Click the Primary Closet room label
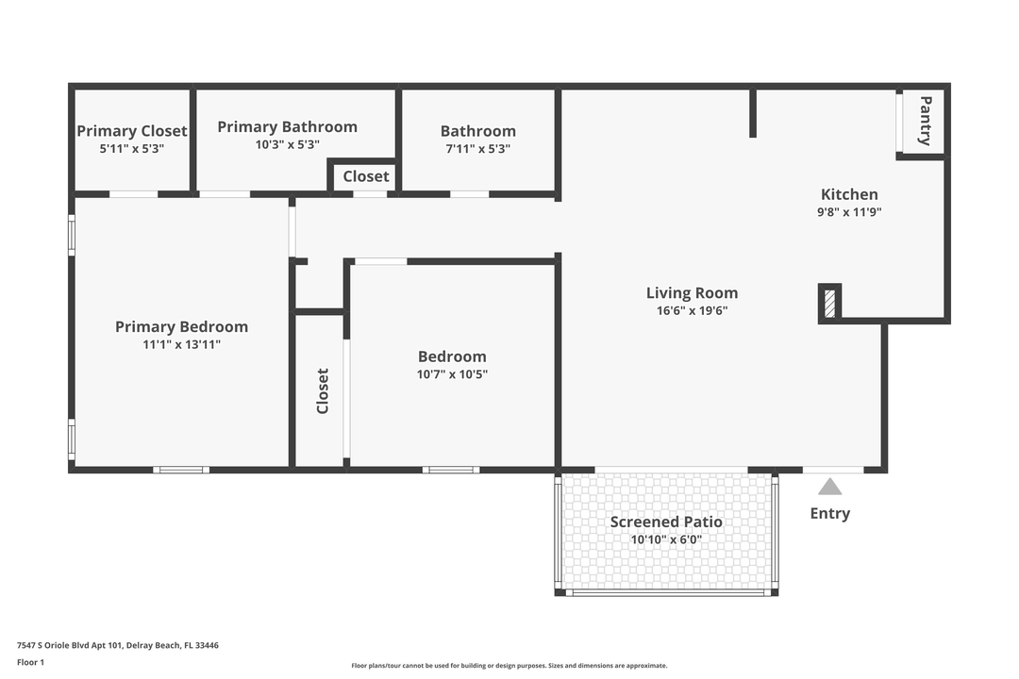pyautogui.click(x=132, y=131)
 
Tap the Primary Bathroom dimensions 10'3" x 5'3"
pyautogui.click(x=287, y=145)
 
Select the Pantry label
pyautogui.click(x=926, y=121)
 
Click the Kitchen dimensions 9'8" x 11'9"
pyautogui.click(x=849, y=212)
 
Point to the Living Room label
pyautogui.click(x=692, y=293)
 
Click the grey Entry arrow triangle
pyautogui.click(x=829, y=487)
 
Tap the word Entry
pyautogui.click(x=829, y=513)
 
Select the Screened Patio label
pyautogui.click(x=666, y=522)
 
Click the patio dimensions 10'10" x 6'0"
pyautogui.click(x=666, y=540)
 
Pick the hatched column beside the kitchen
pyautogui.click(x=829, y=303)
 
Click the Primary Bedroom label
pyautogui.click(x=181, y=326)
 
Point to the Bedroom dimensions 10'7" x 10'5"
pyautogui.click(x=452, y=374)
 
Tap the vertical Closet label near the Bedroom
pyautogui.click(x=323, y=391)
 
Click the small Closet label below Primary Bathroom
pyautogui.click(x=365, y=176)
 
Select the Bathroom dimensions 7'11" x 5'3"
pyautogui.click(x=477, y=149)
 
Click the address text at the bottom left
pyautogui.click(x=118, y=645)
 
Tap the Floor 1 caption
pyautogui.click(x=30, y=662)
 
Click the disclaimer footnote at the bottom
pyautogui.click(x=509, y=666)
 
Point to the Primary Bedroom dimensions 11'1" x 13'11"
pyautogui.click(x=181, y=345)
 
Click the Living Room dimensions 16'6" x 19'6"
pyautogui.click(x=692, y=311)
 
